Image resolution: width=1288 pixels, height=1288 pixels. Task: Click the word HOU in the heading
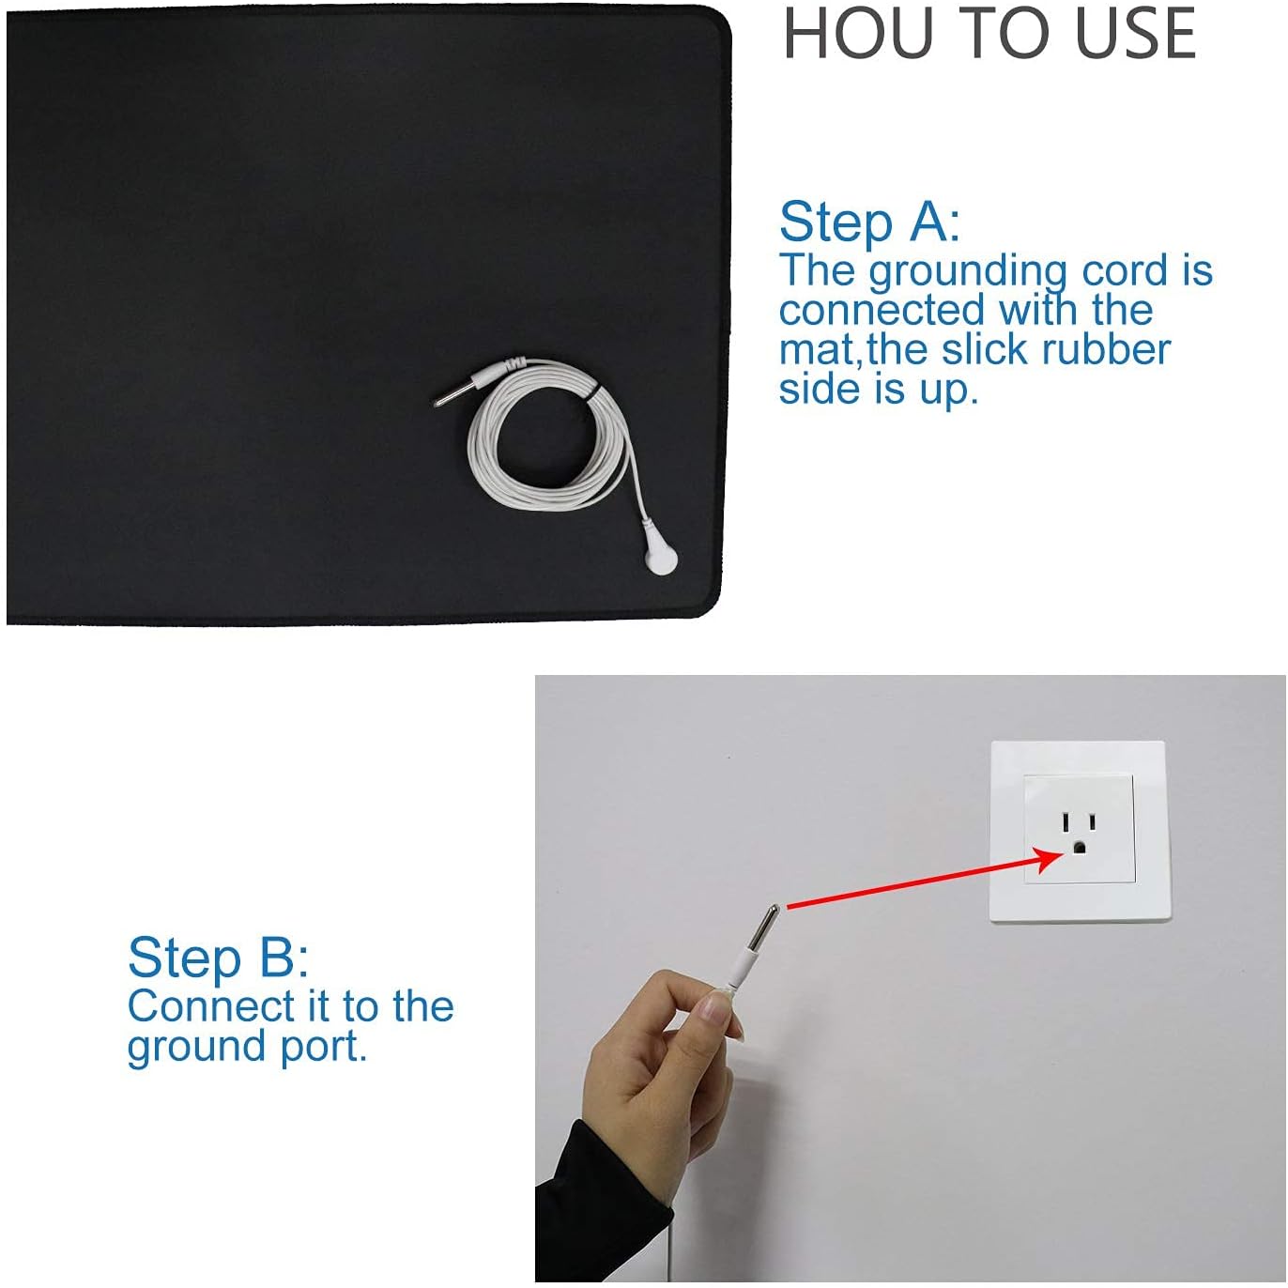tap(858, 34)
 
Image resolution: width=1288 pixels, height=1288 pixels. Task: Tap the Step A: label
tap(869, 222)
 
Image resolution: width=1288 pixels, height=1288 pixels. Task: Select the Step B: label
tap(218, 958)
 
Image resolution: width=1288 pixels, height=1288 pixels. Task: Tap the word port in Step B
tap(324, 1048)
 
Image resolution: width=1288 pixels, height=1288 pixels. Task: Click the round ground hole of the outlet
tap(1078, 848)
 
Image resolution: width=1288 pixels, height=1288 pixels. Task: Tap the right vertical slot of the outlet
tap(1092, 820)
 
